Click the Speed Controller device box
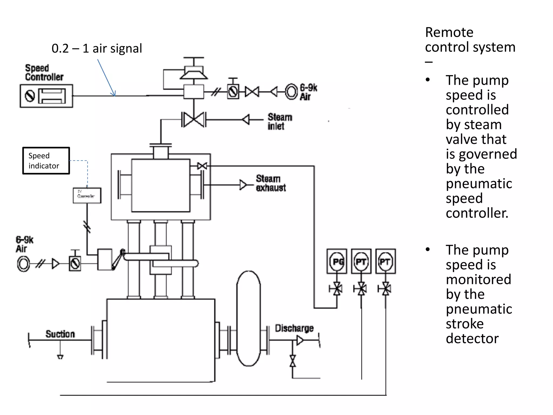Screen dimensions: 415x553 46,96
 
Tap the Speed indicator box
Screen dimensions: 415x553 46,161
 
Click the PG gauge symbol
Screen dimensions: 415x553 337,262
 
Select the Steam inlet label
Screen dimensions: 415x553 279,122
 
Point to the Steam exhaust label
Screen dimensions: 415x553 271,183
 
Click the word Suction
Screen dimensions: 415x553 60,334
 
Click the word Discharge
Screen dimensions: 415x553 294,328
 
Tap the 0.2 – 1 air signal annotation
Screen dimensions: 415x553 97,48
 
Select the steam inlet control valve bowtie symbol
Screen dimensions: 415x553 194,119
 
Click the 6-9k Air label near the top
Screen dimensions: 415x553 308,92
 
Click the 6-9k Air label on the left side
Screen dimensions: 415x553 24,244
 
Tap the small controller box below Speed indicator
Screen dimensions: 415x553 87,195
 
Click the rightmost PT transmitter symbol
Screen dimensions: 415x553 385,262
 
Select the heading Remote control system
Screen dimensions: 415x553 470,40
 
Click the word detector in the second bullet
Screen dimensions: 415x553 472,339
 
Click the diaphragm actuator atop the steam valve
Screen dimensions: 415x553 194,72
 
